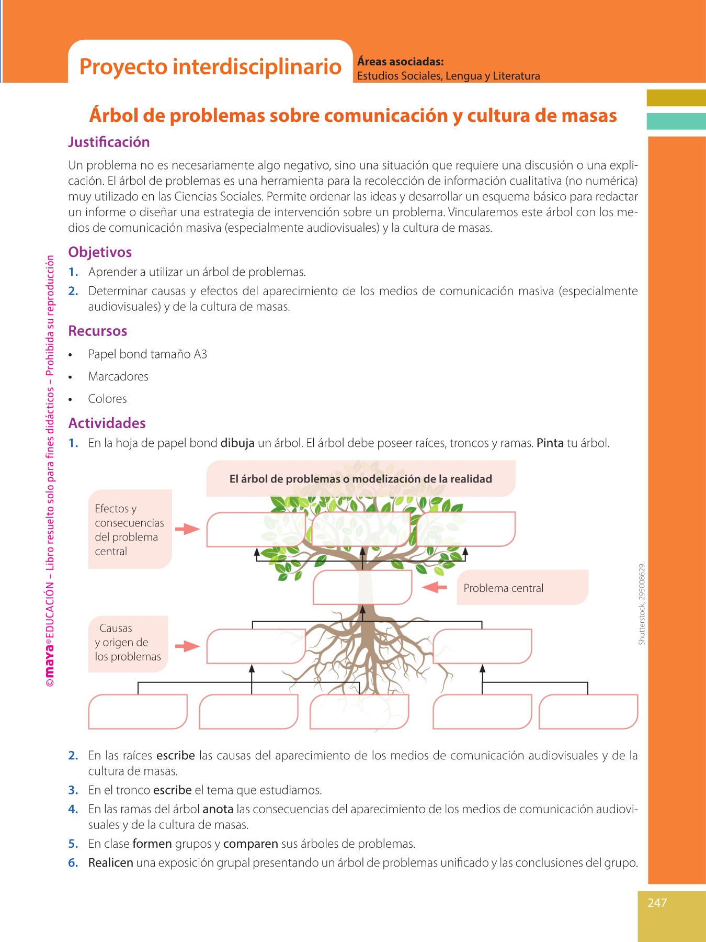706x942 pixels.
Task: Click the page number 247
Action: click(x=657, y=902)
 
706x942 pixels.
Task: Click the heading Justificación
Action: click(x=109, y=142)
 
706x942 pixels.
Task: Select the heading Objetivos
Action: click(x=100, y=252)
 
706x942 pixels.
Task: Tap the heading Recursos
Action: click(x=98, y=331)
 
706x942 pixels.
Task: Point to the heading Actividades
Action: click(x=107, y=423)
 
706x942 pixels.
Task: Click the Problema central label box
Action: click(x=522, y=588)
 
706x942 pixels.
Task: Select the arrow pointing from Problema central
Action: click(x=435, y=587)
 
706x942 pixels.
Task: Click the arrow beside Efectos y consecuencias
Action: click(x=187, y=529)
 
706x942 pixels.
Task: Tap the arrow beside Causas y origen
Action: click(x=187, y=646)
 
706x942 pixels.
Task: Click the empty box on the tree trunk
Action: click(x=362, y=587)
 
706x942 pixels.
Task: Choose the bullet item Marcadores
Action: click(x=118, y=376)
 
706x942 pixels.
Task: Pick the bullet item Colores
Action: click(x=107, y=399)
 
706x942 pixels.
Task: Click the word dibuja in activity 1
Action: click(x=237, y=443)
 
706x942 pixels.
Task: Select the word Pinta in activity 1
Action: click(x=550, y=443)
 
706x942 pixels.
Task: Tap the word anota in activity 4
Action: click(x=218, y=809)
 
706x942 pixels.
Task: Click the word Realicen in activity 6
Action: click(x=110, y=862)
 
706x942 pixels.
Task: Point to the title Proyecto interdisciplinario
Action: click(x=210, y=66)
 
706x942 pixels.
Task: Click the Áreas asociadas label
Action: click(x=400, y=62)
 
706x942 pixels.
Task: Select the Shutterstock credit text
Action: click(x=642, y=603)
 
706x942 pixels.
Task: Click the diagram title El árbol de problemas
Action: click(x=361, y=479)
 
